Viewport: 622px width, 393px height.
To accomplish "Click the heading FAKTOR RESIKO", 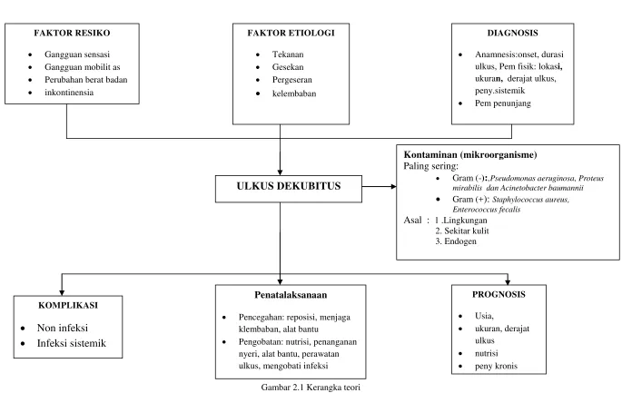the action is [72, 33].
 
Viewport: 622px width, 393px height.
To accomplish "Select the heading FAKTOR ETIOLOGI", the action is [291, 33].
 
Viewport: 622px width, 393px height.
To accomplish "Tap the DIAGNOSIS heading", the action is [512, 33].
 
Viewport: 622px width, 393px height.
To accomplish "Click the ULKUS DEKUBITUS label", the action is [289, 186].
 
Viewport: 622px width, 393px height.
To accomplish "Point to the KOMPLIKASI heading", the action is [68, 305].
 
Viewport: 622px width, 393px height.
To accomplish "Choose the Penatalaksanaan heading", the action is [291, 295].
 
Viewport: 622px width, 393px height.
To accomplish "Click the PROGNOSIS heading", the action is [499, 294].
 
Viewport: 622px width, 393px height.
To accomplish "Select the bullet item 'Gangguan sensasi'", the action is [77, 54].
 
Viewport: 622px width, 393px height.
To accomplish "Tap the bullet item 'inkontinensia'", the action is [69, 93].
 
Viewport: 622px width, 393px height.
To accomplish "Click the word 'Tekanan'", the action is [288, 54].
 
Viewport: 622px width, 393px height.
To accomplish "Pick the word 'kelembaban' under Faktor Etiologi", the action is [294, 93].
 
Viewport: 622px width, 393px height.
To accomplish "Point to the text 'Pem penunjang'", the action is [503, 103].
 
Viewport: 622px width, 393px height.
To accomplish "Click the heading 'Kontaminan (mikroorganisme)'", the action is [470, 154].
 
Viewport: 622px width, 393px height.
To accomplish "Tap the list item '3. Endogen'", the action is [456, 241].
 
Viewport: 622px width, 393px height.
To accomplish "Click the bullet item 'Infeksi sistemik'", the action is [72, 343].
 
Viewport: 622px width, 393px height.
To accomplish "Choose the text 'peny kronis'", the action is [496, 366].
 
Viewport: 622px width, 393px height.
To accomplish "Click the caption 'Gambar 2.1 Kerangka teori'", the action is [311, 387].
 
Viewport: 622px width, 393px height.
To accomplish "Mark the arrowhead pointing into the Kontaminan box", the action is [393, 186].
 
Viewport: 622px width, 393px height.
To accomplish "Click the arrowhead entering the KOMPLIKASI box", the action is [62, 292].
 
